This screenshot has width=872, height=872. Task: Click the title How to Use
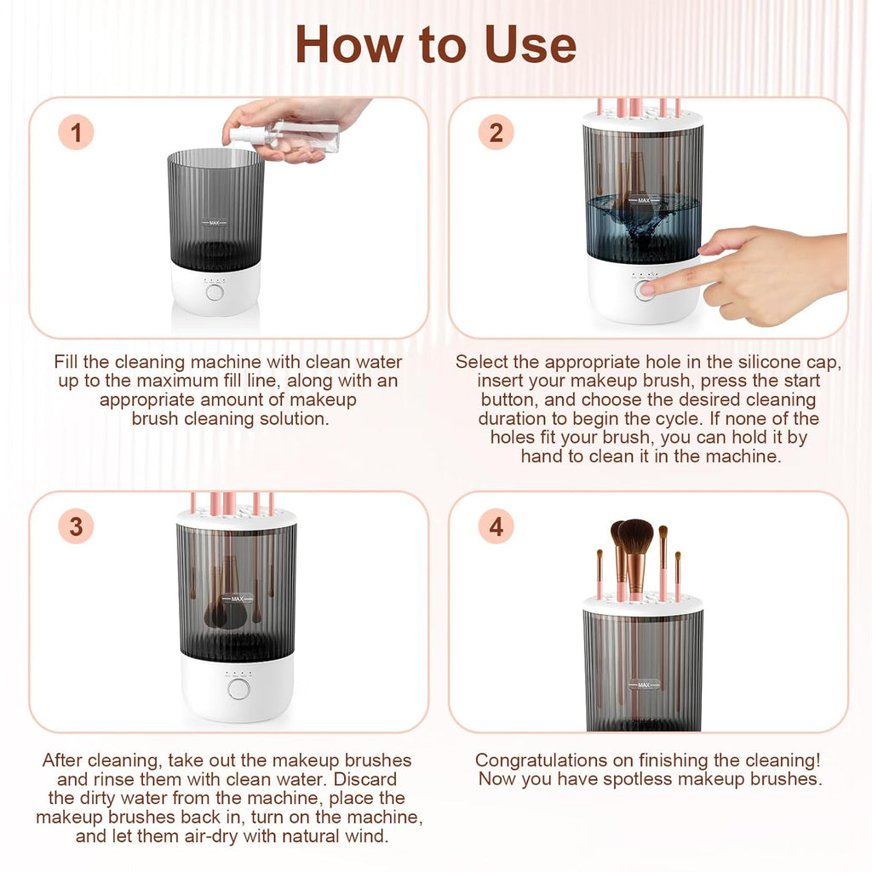pos(435,44)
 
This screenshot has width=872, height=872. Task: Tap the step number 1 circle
pos(76,134)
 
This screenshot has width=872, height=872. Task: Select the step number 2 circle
pos(496,134)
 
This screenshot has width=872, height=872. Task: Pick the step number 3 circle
pos(76,527)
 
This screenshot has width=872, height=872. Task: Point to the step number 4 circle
pos(496,527)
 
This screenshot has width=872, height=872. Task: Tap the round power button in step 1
pos(215,292)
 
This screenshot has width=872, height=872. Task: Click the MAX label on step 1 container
pos(215,222)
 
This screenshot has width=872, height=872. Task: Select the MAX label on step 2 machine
pos(643,201)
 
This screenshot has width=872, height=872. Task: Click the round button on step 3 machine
pos(238,688)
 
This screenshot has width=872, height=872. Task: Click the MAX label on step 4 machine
pos(643,684)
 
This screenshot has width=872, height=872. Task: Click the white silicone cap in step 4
pos(643,604)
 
